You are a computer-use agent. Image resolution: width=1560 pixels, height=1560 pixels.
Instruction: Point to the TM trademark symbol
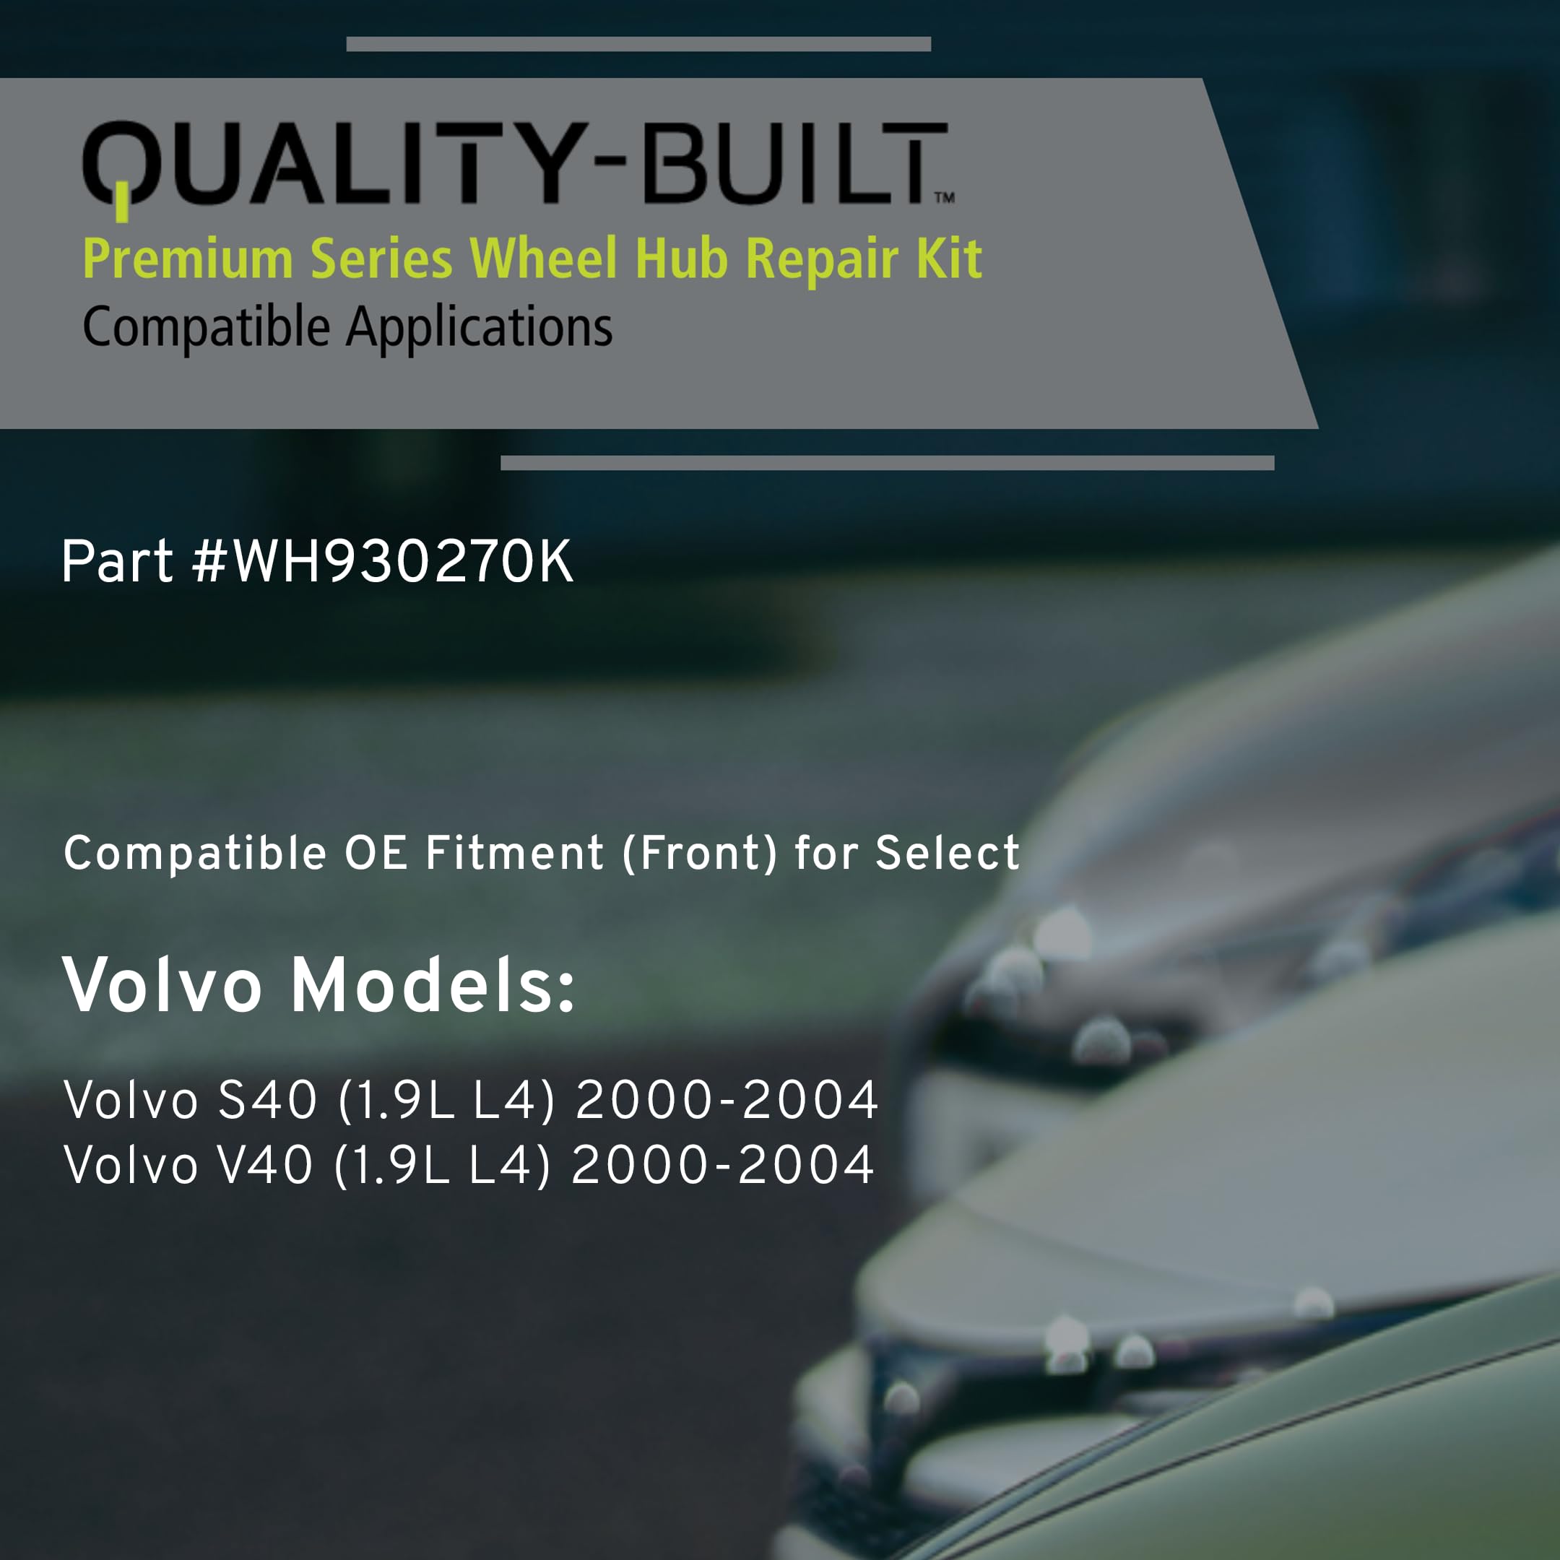[945, 197]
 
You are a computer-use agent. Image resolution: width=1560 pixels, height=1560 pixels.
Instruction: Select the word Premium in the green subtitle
[188, 259]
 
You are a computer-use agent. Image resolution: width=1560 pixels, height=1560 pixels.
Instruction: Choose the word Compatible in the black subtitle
[207, 328]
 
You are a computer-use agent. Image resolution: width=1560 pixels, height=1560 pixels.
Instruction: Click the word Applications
[480, 328]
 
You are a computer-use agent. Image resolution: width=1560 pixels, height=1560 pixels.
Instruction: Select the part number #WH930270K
[383, 562]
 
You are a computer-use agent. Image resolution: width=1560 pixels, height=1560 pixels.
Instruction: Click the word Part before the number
[117, 562]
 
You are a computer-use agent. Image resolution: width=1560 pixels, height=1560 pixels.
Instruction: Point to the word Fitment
[514, 853]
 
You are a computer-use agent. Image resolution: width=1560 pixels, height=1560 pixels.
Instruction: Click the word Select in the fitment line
[948, 853]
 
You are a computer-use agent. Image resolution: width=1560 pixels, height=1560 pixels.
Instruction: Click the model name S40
[268, 1100]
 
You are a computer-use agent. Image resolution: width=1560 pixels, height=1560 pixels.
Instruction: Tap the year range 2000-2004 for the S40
[727, 1100]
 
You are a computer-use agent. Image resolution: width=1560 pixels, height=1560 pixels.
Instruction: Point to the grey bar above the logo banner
[638, 43]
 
